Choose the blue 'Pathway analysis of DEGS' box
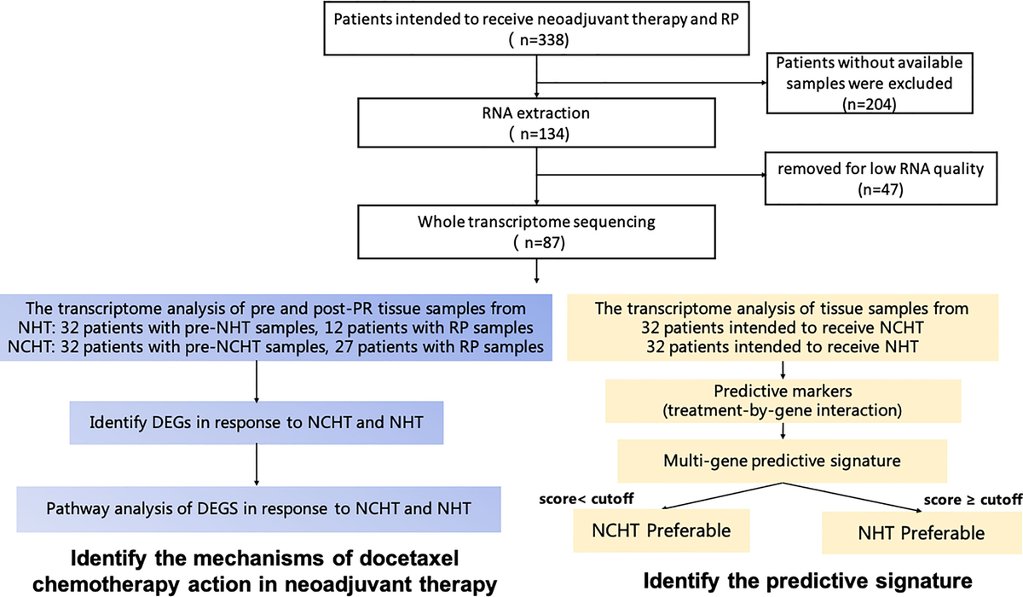[256, 508]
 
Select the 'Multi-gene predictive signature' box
[783, 461]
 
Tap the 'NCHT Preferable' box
[662, 531]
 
